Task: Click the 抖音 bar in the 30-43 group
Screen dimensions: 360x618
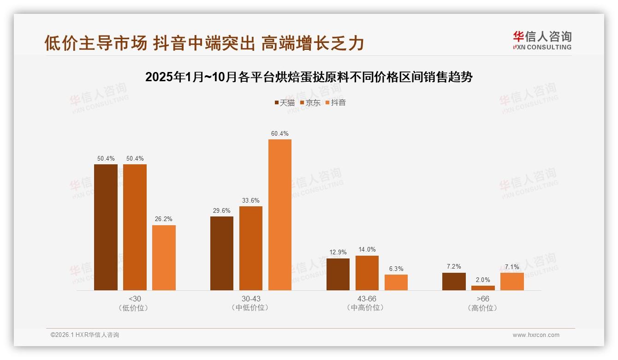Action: [x=280, y=215]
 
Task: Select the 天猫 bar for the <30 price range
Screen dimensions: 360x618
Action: [x=106, y=227]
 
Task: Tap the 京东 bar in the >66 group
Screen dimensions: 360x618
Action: [x=483, y=288]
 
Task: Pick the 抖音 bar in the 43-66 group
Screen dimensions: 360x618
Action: [x=396, y=282]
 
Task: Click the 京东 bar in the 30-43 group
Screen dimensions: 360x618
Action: [x=251, y=248]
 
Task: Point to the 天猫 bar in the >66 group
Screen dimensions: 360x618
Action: [x=454, y=282]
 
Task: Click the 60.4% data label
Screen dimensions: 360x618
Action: [x=280, y=134]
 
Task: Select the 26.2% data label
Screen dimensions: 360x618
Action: [x=164, y=219]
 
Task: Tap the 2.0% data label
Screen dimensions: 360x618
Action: [x=483, y=280]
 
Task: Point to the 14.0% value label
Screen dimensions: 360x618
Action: [x=367, y=250]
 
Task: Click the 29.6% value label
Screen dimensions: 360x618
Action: [x=222, y=210]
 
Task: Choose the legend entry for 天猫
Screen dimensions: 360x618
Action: [x=285, y=102]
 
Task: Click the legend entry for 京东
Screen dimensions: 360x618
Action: [x=310, y=102]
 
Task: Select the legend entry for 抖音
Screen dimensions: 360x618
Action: [x=336, y=102]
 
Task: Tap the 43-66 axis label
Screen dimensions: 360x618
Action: [x=367, y=299]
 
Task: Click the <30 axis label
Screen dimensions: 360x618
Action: [x=135, y=299]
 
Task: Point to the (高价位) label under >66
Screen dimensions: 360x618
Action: [x=483, y=308]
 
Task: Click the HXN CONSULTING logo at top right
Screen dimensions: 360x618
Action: [x=542, y=41]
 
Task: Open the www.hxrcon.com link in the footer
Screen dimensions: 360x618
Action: [x=536, y=335]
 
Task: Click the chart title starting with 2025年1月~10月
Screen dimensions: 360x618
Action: [x=309, y=77]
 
